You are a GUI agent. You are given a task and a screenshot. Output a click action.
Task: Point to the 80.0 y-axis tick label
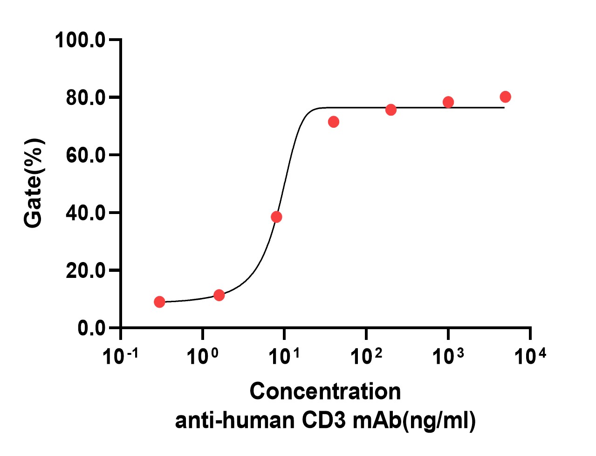(86, 98)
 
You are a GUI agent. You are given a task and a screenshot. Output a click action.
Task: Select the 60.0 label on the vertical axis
(86, 155)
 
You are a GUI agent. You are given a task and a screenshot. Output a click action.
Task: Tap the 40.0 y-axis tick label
(86, 213)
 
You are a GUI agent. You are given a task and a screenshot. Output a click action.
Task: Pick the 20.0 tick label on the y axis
(86, 270)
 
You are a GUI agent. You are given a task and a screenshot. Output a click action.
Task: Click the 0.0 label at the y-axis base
(92, 328)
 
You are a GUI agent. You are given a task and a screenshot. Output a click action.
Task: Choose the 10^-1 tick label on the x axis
(120, 357)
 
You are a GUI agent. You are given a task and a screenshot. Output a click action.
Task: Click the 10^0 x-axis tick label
(202, 357)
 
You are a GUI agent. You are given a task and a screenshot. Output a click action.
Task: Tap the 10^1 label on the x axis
(284, 357)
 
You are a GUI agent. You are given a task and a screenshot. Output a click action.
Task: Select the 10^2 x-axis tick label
(366, 357)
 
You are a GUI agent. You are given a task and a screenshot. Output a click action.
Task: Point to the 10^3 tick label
(448, 357)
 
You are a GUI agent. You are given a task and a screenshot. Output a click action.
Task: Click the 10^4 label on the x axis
(530, 357)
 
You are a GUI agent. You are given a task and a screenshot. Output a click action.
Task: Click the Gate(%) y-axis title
(34, 183)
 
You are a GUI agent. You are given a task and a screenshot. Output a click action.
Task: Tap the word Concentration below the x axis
(325, 391)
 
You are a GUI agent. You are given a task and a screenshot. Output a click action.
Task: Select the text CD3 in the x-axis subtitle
(324, 421)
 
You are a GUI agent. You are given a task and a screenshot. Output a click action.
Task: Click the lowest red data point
(159, 302)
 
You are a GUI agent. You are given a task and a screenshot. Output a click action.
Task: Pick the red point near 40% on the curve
(276, 217)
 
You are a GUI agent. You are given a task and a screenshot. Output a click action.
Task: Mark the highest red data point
(505, 97)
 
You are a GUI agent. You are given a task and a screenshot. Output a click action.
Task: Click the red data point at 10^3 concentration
(448, 102)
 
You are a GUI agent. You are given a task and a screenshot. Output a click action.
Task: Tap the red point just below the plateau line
(334, 122)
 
